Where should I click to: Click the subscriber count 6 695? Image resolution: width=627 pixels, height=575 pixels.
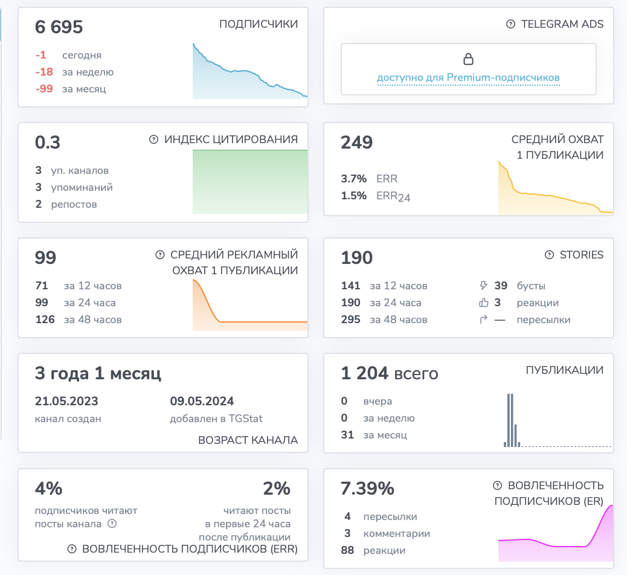point(59,27)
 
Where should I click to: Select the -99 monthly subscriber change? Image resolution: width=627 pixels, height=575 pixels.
point(44,88)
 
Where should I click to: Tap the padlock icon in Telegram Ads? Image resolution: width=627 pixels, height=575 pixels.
point(468,59)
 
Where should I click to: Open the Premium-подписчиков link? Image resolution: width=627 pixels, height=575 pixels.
point(503,77)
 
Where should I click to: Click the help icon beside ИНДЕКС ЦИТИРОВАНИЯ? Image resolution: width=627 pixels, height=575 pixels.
point(153,139)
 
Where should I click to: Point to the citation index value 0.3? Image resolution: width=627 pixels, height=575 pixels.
point(48,143)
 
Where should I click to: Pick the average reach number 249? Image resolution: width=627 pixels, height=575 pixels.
point(356,143)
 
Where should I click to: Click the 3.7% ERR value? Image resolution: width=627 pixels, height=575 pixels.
point(353,179)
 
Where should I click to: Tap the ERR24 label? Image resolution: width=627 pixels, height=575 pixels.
point(393,196)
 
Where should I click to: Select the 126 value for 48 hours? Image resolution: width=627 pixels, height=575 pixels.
point(45,320)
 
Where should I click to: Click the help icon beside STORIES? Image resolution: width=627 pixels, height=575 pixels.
point(550,255)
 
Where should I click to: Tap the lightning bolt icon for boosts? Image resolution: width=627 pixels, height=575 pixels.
point(483,286)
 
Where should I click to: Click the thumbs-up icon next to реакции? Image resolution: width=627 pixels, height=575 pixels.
point(484,303)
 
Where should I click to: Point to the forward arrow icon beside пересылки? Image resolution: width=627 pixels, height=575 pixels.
point(483,320)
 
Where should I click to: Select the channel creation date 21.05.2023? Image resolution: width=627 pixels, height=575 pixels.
point(66,401)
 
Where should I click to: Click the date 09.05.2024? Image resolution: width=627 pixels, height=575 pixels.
point(202,401)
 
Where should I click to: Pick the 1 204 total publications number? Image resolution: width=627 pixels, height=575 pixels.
point(364,373)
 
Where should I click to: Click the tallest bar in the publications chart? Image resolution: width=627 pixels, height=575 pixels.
point(509,420)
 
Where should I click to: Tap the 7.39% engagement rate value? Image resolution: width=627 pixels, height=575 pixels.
point(367,489)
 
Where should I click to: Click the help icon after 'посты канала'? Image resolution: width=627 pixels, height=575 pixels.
point(112,524)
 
